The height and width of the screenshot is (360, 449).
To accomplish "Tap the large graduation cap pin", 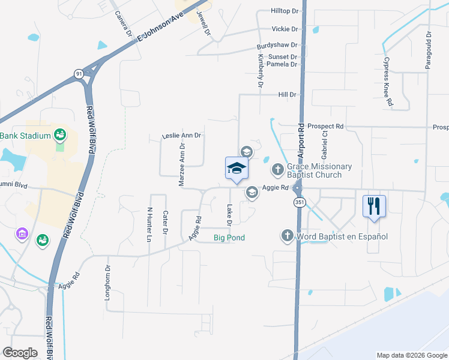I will pos(237,169).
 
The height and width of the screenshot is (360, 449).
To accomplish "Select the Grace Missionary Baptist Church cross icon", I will pos(277,170).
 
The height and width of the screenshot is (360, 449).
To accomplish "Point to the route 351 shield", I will pos(299,202).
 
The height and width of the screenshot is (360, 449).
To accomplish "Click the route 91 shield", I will pos(79,73).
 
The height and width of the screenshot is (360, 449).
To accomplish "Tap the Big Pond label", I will pos(229,238).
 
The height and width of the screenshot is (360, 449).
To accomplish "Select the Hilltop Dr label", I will pos(285,11).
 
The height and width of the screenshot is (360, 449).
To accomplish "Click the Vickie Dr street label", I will pos(285,29).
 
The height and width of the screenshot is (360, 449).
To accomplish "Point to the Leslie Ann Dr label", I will pos(181,136).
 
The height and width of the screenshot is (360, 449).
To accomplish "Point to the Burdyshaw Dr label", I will pos(277,45).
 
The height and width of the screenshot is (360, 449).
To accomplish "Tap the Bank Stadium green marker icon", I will pos(59,136).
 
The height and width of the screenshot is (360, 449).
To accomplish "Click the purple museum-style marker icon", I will pos(22,233).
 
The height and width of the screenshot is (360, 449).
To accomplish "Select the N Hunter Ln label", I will pos(149,224).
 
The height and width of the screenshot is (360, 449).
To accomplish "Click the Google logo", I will pos(20,353).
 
